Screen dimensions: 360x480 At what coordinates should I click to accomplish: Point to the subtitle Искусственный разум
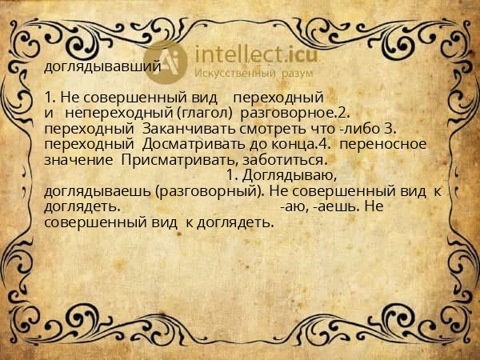tap(251, 73)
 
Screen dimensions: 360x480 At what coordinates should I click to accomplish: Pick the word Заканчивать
tap(177, 128)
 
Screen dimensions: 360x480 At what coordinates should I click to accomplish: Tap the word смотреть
tap(255, 128)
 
